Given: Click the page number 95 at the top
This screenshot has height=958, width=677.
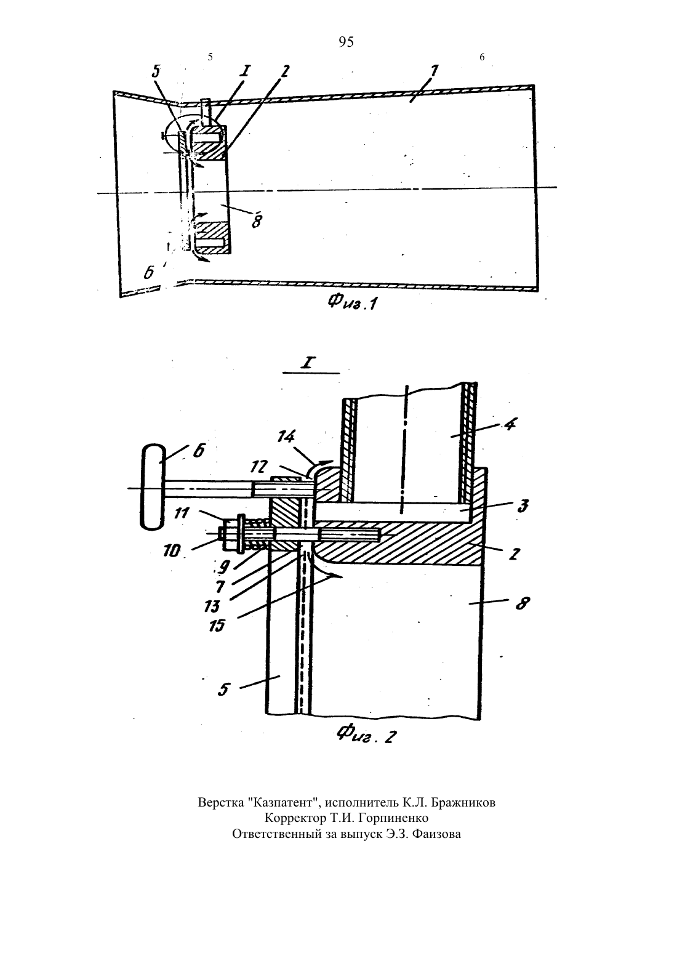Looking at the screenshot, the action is [346, 42].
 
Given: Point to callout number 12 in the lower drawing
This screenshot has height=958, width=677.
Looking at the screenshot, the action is [260, 467].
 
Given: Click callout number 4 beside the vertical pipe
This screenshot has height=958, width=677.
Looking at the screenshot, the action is [510, 425].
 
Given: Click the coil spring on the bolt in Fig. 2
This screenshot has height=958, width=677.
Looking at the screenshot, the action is [258, 534].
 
